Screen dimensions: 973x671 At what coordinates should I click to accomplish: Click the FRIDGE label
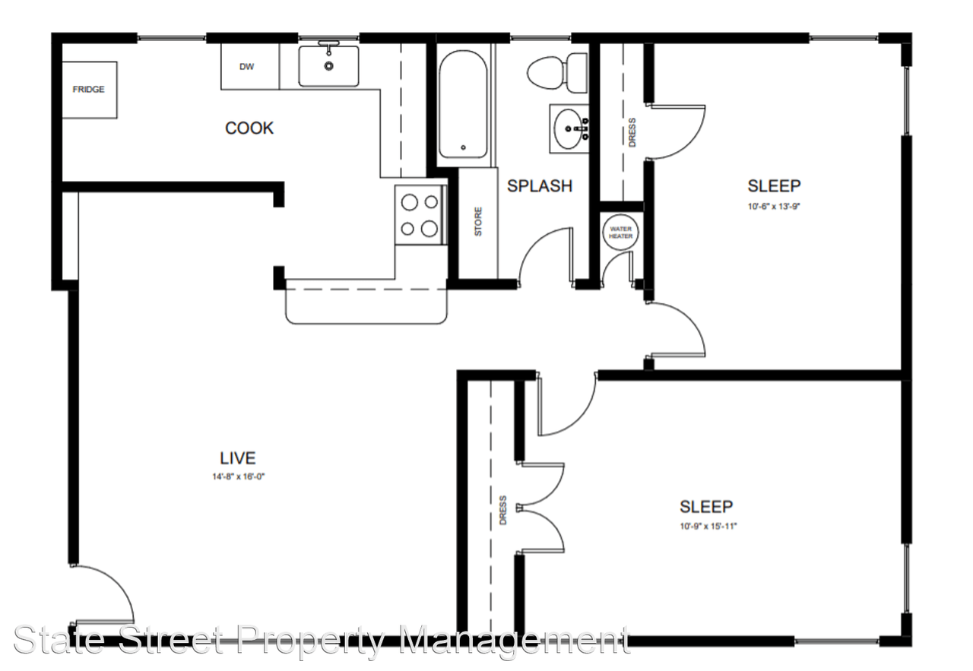coord(89,90)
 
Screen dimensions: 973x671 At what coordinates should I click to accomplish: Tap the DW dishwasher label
coord(247,67)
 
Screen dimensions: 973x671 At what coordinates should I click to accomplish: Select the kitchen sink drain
coord(329,66)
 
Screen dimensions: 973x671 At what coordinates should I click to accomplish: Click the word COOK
coord(249,128)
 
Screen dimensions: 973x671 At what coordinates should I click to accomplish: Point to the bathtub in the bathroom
coord(463,104)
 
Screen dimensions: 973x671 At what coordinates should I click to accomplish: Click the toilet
coord(557,72)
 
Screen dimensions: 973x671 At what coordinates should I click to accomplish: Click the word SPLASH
coord(540,186)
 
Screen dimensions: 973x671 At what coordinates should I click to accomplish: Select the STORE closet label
coord(478,222)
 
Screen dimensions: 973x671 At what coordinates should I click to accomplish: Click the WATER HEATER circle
coord(620,233)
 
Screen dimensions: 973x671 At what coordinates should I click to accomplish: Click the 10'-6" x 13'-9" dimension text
coord(774,206)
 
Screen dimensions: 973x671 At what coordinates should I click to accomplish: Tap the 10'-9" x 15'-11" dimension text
coord(708,527)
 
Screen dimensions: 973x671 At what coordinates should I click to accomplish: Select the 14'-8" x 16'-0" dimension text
coord(238,476)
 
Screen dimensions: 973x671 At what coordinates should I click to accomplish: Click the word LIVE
coord(238,458)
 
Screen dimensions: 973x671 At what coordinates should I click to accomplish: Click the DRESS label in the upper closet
coord(632,132)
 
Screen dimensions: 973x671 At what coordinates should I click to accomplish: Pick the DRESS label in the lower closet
coord(503,511)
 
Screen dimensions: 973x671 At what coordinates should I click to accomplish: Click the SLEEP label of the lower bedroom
coord(706,506)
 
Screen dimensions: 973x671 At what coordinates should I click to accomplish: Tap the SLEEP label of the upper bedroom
coord(774,186)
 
